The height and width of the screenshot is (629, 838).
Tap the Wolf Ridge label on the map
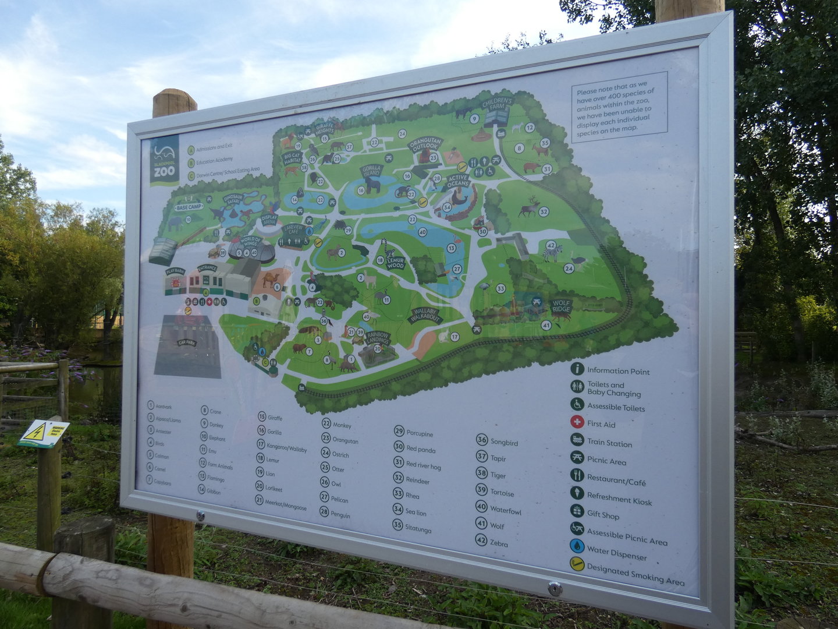562,306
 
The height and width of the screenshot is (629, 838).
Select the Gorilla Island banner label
371,171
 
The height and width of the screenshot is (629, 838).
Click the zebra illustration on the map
552,253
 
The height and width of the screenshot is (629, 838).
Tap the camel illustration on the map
271,280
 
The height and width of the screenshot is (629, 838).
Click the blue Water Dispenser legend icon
577,546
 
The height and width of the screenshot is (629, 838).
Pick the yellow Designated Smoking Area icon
577,564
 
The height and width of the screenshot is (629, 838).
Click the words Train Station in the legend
609,443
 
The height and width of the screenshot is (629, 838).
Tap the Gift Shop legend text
603,515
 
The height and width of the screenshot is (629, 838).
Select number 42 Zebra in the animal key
492,542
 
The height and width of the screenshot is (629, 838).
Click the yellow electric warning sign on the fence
43,433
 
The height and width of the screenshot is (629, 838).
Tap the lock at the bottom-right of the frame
554,589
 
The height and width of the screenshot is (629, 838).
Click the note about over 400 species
617,111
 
